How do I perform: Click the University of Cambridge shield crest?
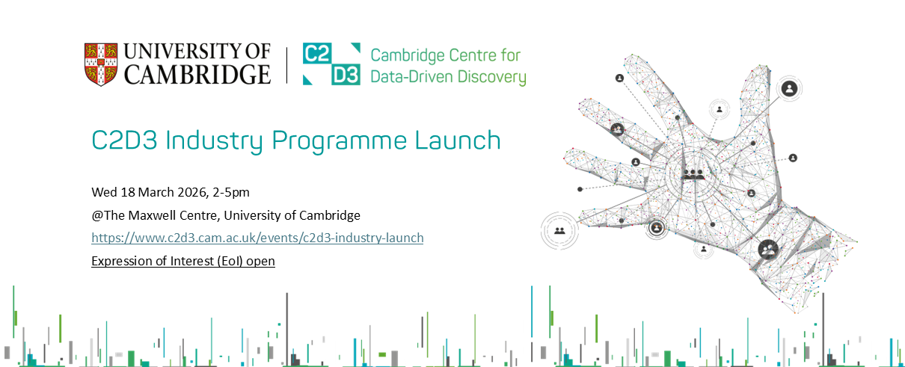pyautogui.click(x=101, y=64)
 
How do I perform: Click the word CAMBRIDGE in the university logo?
pyautogui.click(x=197, y=75)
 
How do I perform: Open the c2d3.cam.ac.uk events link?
pyautogui.click(x=257, y=238)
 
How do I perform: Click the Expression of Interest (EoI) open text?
pyautogui.click(x=183, y=262)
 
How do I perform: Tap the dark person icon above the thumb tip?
pyautogui.click(x=789, y=89)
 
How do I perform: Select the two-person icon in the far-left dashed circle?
pyautogui.click(x=559, y=230)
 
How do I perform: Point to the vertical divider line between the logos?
pyautogui.click(x=286, y=65)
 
